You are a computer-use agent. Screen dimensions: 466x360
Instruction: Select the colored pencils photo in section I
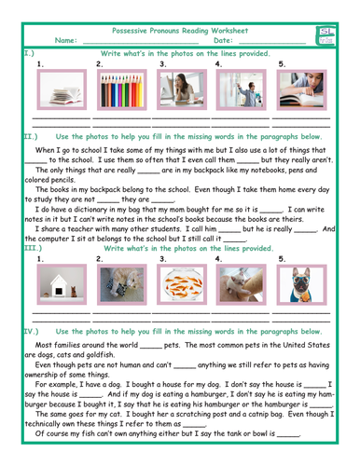click(122, 95)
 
